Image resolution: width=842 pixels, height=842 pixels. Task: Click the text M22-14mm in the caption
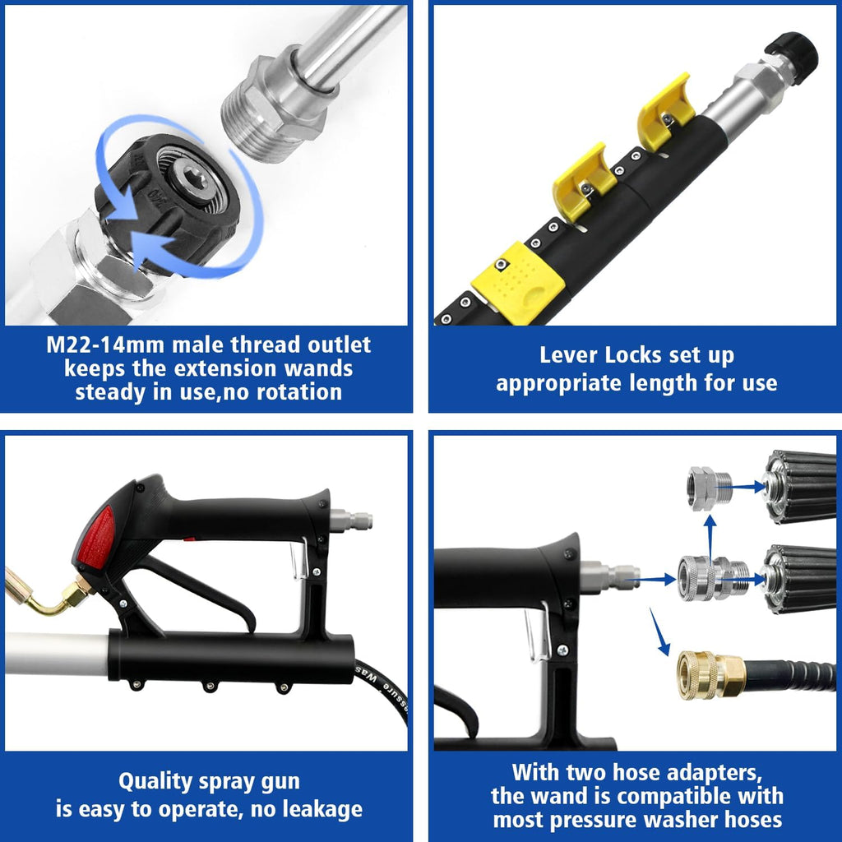98,345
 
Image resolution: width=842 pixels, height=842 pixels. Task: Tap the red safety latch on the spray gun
96,538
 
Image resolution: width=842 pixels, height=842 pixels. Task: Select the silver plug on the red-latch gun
351,520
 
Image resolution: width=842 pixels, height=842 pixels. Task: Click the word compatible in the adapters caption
672,796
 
